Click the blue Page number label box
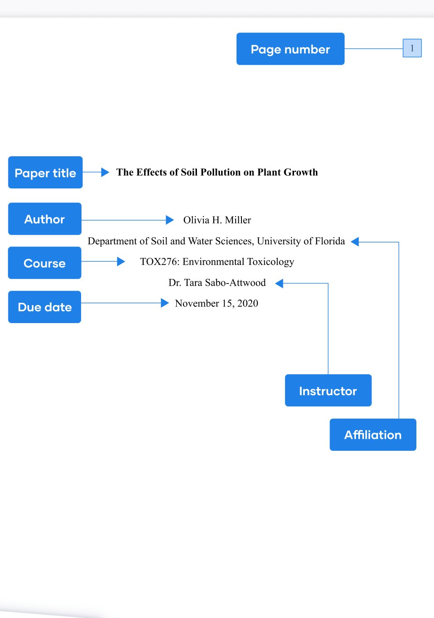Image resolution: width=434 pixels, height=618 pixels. (290, 49)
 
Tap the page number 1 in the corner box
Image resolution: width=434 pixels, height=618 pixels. (412, 48)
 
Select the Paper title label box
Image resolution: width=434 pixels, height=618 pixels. (45, 173)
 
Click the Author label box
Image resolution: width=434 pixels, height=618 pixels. (45, 219)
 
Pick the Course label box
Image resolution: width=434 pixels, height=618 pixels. (45, 263)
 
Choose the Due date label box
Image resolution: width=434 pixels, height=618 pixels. (45, 307)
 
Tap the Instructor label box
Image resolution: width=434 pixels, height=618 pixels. (328, 390)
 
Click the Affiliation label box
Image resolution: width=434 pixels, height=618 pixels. (373, 435)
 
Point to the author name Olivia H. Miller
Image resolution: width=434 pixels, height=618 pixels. (217, 220)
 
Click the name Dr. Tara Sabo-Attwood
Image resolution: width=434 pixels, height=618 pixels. (217, 283)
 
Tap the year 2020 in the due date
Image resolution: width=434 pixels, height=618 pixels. (248, 303)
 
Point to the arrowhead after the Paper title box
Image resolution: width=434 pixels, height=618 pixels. (105, 172)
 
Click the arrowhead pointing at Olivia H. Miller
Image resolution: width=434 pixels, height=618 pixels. (170, 220)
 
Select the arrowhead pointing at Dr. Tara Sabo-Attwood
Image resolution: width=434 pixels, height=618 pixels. (279, 283)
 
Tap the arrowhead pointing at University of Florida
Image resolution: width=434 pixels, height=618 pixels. (355, 242)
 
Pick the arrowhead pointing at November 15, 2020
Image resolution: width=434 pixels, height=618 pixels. (165, 303)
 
